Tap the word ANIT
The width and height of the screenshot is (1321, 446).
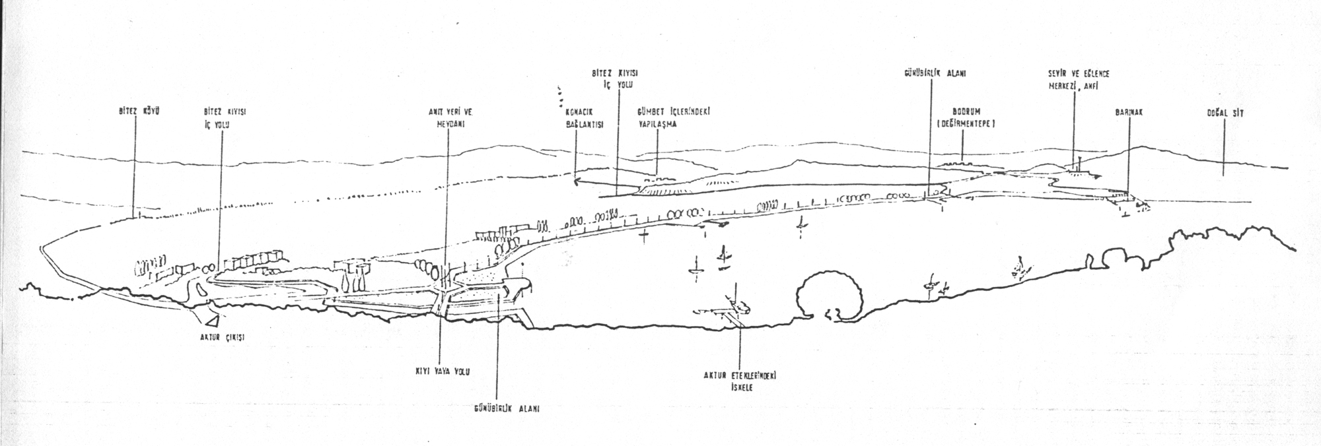[433, 112]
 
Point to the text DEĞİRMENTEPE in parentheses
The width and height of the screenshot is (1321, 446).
[965, 123]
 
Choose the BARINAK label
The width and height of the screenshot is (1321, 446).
[1128, 113]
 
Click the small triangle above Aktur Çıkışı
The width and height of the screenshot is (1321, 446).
[213, 321]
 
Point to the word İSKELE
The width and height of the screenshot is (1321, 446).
[743, 387]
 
